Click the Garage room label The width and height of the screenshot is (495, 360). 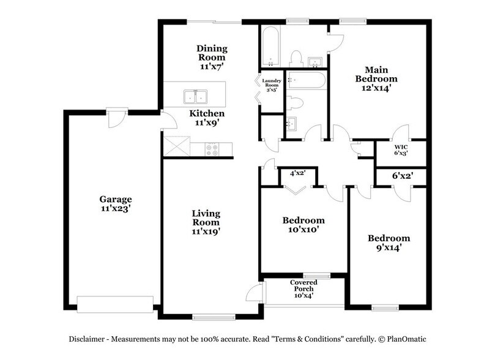(116, 199)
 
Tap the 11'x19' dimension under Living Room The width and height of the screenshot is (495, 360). (206, 231)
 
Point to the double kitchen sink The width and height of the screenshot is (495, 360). (195, 97)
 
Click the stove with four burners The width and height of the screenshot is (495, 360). (212, 148)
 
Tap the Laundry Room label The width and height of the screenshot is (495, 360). (271, 84)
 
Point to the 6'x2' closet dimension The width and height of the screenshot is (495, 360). (401, 175)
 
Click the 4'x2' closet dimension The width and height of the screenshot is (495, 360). (297, 174)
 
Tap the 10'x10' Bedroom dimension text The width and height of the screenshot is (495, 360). (303, 230)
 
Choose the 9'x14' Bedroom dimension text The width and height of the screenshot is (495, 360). (388, 248)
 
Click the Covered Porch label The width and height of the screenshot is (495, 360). (303, 286)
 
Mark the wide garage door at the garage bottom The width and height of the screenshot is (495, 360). (115, 304)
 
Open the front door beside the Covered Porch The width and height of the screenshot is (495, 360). (254, 295)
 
